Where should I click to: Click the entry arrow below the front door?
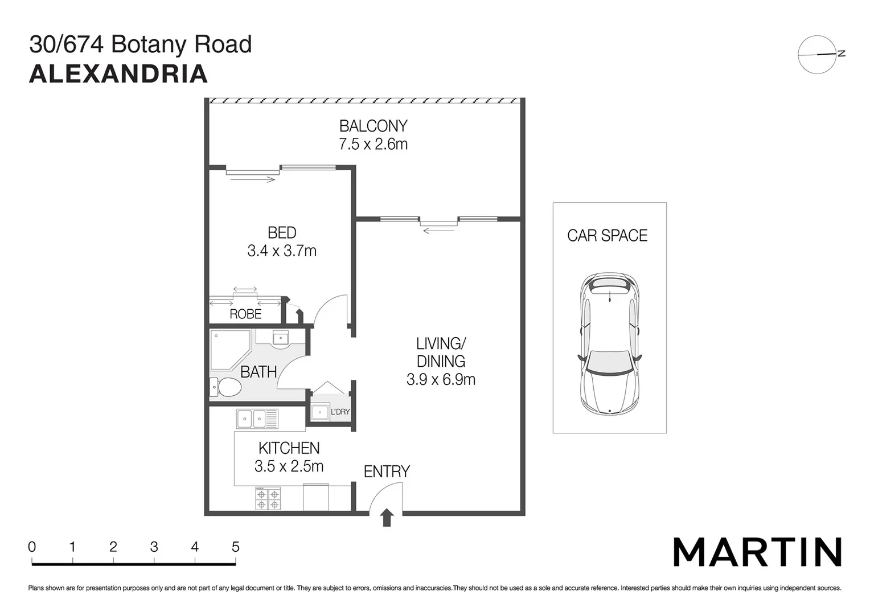(387, 518)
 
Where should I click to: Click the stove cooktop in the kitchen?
(268, 498)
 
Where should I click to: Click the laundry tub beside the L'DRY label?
(320, 412)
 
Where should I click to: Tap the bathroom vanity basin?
(280, 338)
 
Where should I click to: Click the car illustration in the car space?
(610, 343)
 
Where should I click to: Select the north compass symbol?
(818, 55)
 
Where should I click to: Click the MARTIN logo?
(757, 552)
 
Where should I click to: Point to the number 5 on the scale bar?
(236, 547)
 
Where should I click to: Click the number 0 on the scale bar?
(32, 547)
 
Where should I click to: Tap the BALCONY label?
(374, 126)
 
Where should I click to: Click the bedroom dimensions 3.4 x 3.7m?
(282, 251)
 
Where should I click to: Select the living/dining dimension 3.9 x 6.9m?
(441, 379)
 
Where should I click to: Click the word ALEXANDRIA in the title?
(118, 75)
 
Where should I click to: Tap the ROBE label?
(245, 314)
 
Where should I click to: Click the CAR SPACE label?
(607, 236)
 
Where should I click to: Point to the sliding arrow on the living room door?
(439, 230)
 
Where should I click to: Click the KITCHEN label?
(289, 448)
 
